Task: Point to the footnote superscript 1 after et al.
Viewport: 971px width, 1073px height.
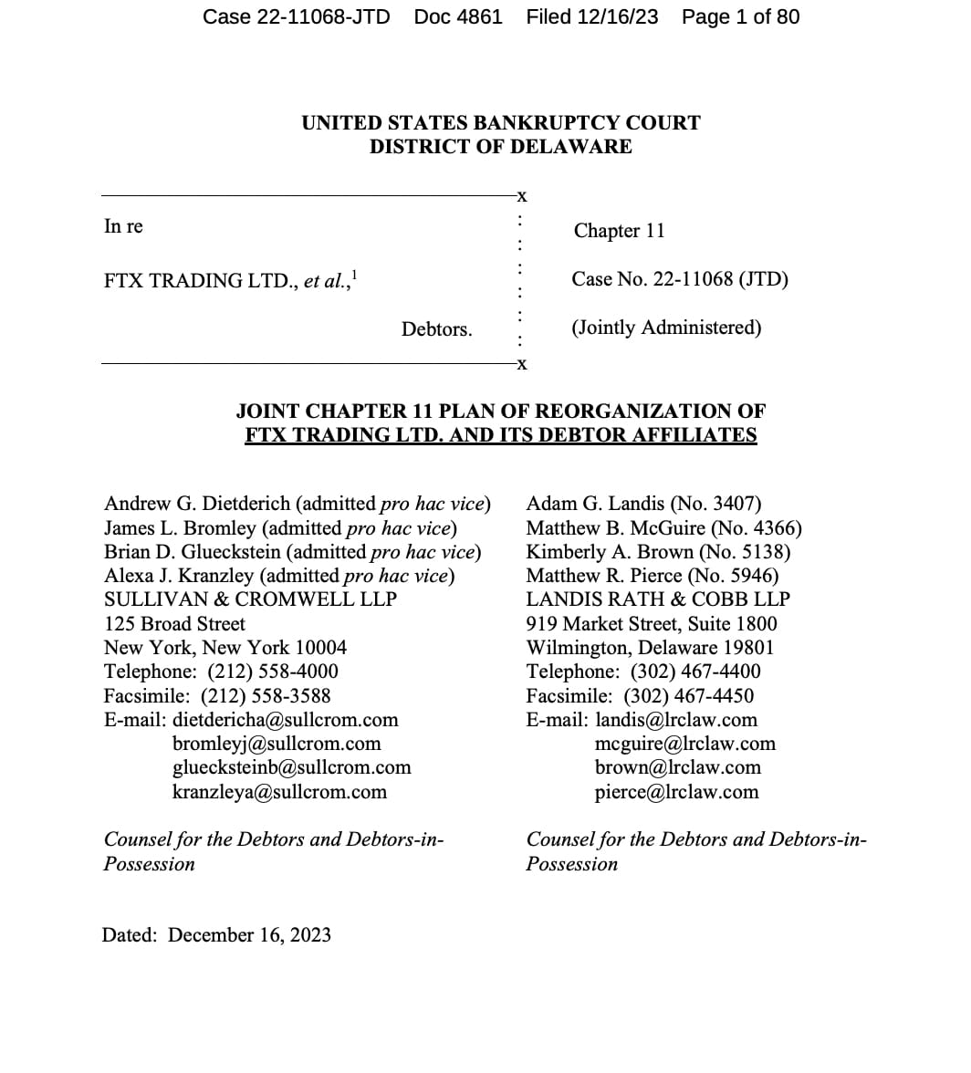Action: click(355, 274)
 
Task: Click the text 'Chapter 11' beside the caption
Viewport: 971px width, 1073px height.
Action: click(619, 231)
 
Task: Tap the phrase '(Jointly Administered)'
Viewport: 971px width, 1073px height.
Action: click(666, 328)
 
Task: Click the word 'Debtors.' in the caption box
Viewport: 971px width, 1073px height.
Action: click(436, 329)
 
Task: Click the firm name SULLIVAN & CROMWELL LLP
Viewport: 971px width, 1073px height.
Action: click(250, 599)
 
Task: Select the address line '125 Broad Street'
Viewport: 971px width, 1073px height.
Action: click(174, 624)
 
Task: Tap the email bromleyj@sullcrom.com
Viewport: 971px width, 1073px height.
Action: click(277, 744)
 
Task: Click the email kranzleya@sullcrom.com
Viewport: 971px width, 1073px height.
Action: click(279, 792)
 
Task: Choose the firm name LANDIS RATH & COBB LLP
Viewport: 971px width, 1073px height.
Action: click(658, 599)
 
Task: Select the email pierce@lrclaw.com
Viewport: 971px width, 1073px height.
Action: click(676, 792)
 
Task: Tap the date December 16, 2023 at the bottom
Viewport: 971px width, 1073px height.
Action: click(249, 935)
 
